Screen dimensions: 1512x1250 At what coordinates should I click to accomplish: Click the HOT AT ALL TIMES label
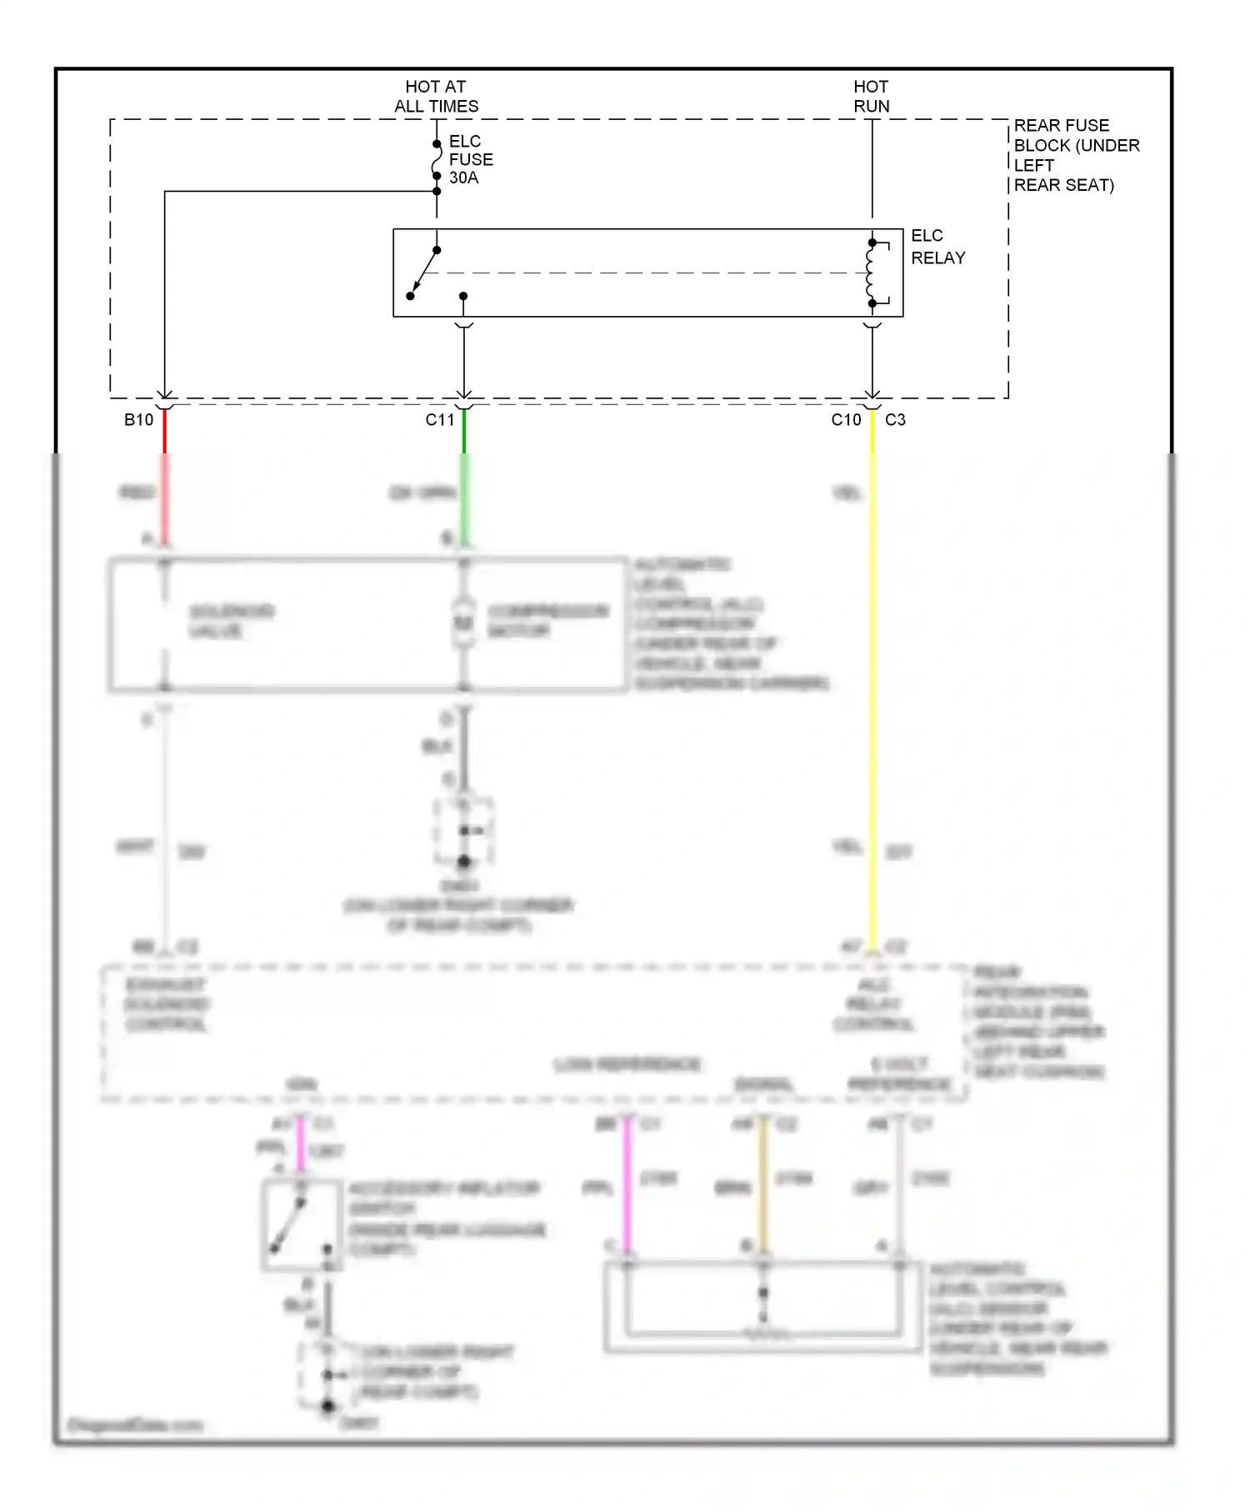(x=436, y=96)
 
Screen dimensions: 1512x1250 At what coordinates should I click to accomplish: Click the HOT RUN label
(x=871, y=96)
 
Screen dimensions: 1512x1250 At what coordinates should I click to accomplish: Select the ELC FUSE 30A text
(x=471, y=159)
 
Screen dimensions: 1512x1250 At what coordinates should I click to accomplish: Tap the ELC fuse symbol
(x=437, y=160)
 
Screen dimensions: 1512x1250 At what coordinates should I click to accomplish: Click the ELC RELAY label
(x=937, y=247)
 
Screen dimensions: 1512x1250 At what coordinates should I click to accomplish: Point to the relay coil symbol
(x=871, y=273)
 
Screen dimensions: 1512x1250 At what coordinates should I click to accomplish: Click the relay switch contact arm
(x=424, y=273)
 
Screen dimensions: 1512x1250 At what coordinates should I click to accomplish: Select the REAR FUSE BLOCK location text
(x=1075, y=155)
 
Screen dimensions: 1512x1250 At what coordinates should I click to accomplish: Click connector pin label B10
(x=138, y=420)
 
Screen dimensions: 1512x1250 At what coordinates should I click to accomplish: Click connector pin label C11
(x=440, y=420)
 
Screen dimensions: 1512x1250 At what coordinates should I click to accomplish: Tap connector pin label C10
(x=846, y=420)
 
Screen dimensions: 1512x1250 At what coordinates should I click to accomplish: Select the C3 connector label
(x=895, y=420)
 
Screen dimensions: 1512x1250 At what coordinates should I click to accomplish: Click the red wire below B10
(x=165, y=483)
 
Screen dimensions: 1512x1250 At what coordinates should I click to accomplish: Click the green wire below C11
(x=464, y=483)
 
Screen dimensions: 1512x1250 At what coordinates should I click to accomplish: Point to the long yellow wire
(x=872, y=708)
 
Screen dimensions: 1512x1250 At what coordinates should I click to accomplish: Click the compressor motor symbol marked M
(x=463, y=623)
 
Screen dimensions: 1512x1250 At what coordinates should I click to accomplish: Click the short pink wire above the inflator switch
(x=300, y=1142)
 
